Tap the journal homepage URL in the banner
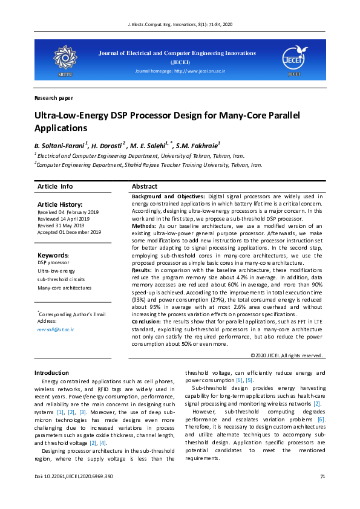tap(180, 71)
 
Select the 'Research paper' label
tap(54, 97)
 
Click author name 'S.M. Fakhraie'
tap(198, 145)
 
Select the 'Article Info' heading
tap(55, 186)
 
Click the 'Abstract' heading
tap(145, 186)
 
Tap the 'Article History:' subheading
tap(60, 205)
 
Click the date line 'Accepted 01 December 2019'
tap(69, 232)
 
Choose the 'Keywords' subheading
tap(53, 255)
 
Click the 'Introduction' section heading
tap(51, 373)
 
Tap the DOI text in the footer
tap(74, 477)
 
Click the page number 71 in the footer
tap(322, 477)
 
